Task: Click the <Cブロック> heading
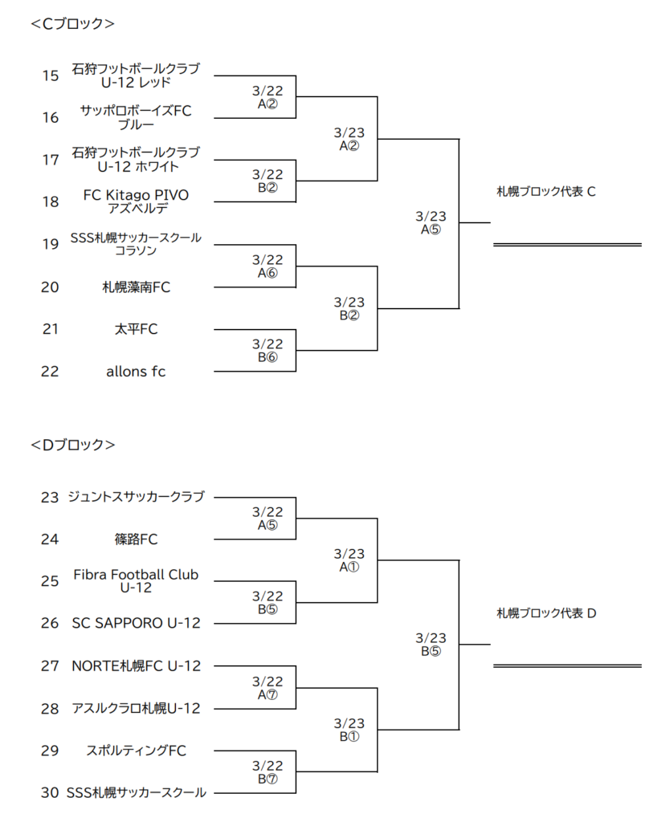pyautogui.click(x=72, y=23)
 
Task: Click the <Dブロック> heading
pyautogui.click(x=72, y=445)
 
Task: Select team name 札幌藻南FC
pyautogui.click(x=136, y=287)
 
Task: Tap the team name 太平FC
pyautogui.click(x=136, y=329)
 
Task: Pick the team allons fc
pyautogui.click(x=135, y=372)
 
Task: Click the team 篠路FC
pyautogui.click(x=136, y=539)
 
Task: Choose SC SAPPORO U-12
pyautogui.click(x=136, y=623)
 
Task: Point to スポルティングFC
pyautogui.click(x=136, y=751)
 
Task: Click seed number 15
pyautogui.click(x=51, y=76)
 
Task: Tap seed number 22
pyautogui.click(x=50, y=372)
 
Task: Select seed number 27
pyautogui.click(x=50, y=666)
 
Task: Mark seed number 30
pyautogui.click(x=50, y=792)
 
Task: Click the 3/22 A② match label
pyautogui.click(x=267, y=97)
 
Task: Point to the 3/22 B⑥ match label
pyautogui.click(x=267, y=350)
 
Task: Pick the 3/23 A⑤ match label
pyautogui.click(x=431, y=223)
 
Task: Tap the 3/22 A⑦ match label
pyautogui.click(x=267, y=688)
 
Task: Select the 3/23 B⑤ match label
pyautogui.click(x=431, y=645)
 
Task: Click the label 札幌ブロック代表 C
pyautogui.click(x=546, y=192)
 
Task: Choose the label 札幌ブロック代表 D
pyautogui.click(x=546, y=613)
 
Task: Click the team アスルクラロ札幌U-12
pyautogui.click(x=136, y=709)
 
